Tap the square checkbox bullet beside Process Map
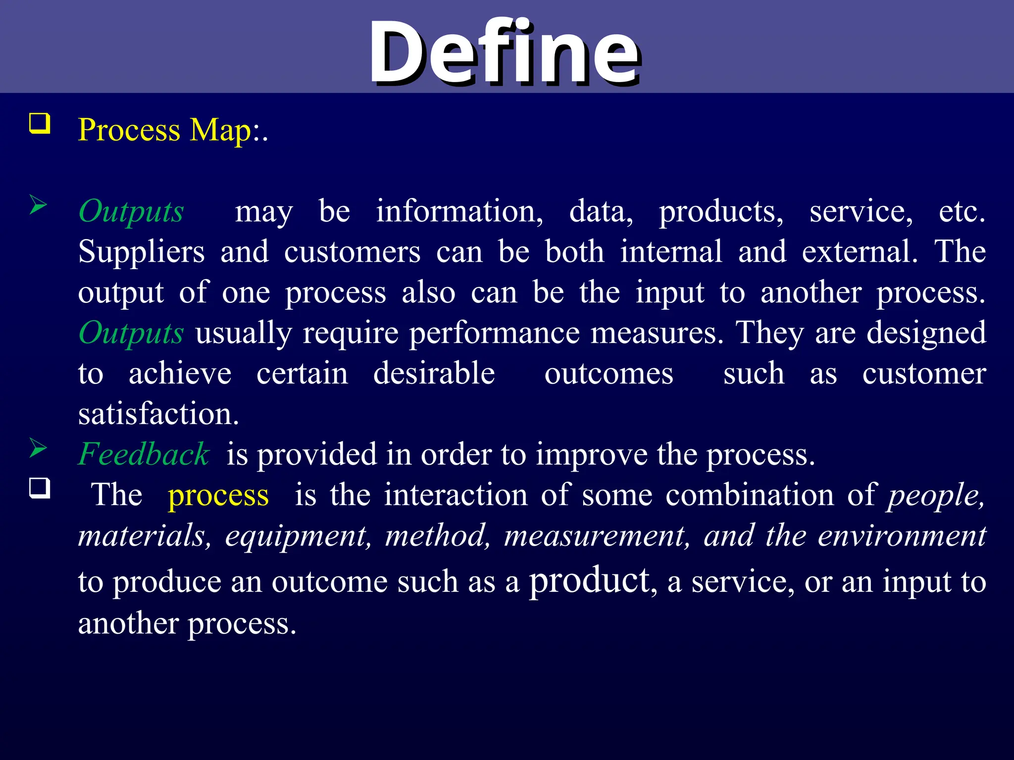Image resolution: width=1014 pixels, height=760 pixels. click(x=40, y=123)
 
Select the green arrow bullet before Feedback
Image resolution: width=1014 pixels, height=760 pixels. click(x=38, y=448)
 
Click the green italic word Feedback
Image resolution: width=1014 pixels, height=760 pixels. click(x=144, y=454)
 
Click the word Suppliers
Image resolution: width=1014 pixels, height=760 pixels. click(x=141, y=252)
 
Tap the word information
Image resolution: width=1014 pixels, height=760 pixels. click(x=459, y=212)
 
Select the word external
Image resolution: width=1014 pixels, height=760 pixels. click(x=860, y=252)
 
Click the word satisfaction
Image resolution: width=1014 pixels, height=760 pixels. click(x=158, y=414)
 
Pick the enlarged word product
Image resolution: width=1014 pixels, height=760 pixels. click(x=589, y=581)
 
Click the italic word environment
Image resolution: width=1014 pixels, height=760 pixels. click(x=902, y=536)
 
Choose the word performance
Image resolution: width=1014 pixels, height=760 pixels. click(x=494, y=333)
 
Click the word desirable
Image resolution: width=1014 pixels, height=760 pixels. click(x=434, y=374)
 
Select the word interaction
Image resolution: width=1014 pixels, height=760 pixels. click(x=456, y=495)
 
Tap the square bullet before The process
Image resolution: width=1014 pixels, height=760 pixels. click(x=40, y=488)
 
